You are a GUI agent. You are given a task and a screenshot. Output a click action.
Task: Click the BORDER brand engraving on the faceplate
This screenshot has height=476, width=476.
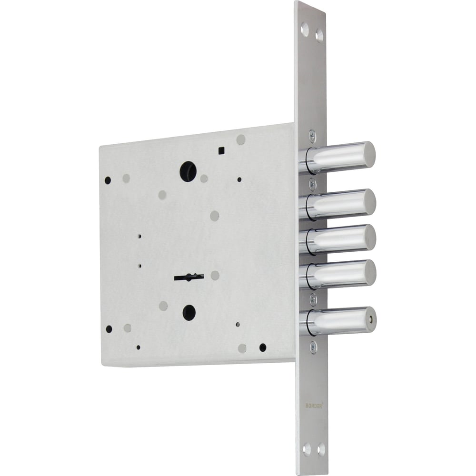[314, 406]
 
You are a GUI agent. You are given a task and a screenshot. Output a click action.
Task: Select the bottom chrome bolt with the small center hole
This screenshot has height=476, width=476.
[338, 321]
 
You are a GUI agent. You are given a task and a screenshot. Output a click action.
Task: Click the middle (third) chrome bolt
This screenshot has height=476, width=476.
[338, 239]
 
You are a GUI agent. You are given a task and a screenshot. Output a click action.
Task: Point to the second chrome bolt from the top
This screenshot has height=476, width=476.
[338, 204]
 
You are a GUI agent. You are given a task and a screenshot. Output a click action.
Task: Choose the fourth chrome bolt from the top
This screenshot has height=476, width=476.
[338, 274]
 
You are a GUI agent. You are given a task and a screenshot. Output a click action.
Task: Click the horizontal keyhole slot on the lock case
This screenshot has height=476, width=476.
[189, 277]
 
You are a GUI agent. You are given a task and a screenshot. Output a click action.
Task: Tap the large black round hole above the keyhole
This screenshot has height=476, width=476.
[188, 171]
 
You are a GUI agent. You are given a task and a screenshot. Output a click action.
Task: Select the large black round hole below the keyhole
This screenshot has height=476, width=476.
[189, 313]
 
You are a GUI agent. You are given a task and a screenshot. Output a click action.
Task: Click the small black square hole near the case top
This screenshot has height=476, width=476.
[221, 150]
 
